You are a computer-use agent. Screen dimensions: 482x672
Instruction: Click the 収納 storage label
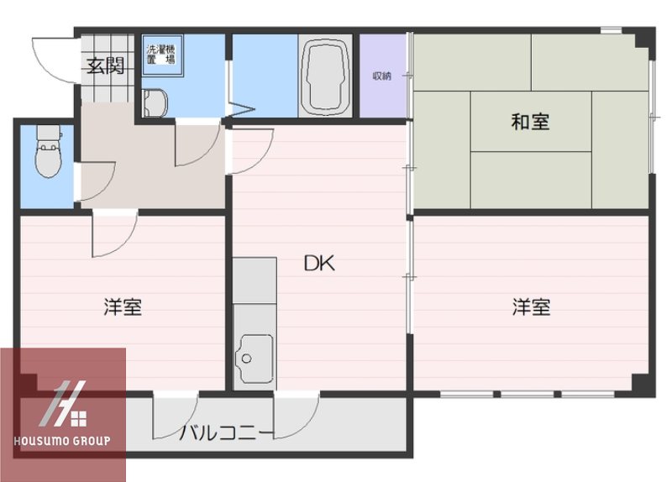(x=382, y=76)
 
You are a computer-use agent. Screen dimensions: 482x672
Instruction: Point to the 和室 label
(x=530, y=122)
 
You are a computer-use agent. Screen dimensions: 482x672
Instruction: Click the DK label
(x=319, y=264)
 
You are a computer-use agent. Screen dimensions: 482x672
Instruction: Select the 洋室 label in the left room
(x=123, y=306)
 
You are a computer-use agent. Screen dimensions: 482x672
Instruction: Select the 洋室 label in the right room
(x=532, y=306)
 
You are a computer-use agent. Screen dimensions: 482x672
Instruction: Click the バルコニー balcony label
(x=226, y=433)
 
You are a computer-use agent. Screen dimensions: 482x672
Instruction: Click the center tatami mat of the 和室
(x=530, y=122)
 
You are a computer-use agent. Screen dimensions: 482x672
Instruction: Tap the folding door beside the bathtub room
(x=242, y=107)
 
